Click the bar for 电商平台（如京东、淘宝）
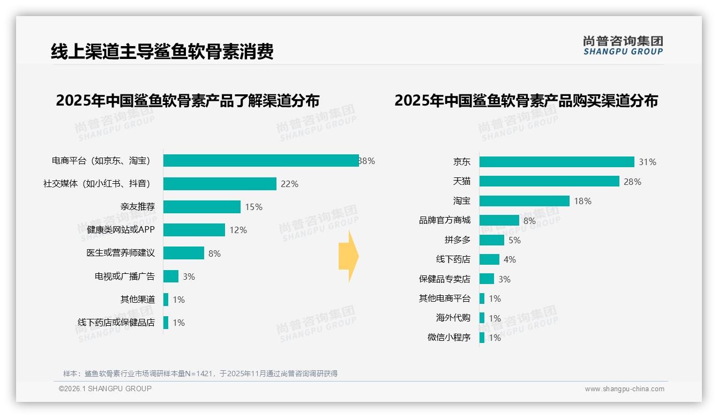[261, 161]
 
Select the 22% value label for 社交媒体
[289, 184]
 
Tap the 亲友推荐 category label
[137, 207]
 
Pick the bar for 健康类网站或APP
[194, 230]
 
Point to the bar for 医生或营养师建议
[184, 253]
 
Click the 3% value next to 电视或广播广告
[189, 277]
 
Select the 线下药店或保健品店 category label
[116, 323]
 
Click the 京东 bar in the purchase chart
[557, 162]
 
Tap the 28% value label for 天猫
[632, 182]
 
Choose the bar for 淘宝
[524, 201]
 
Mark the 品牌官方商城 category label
[445, 220]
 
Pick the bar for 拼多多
[491, 240]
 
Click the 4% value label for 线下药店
[510, 260]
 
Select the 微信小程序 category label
[449, 338]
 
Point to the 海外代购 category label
[453, 318]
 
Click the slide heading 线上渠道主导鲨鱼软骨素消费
[162, 52]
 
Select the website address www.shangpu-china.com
[624, 389]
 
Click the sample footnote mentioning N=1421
[200, 374]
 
